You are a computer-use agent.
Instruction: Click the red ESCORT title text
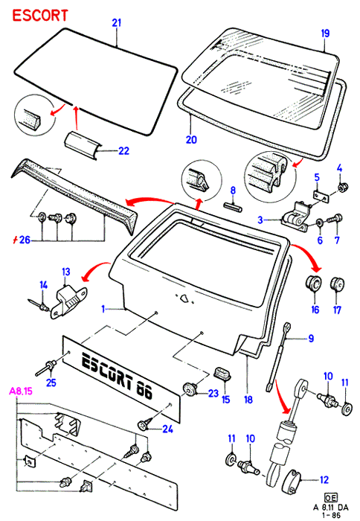(x=40, y=16)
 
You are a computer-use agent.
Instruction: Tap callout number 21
(x=117, y=23)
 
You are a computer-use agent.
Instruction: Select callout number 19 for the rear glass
(x=325, y=33)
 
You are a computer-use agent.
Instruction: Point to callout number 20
(x=191, y=140)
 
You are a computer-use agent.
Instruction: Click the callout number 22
(x=124, y=151)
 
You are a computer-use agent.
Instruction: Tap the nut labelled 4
(x=341, y=188)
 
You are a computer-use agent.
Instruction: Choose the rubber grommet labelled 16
(x=313, y=284)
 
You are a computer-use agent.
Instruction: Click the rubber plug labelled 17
(x=337, y=284)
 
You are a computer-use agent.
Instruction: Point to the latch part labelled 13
(x=68, y=301)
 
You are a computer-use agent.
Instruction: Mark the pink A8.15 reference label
(x=21, y=391)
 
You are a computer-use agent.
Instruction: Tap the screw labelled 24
(x=145, y=424)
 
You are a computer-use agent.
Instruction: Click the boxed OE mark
(x=331, y=497)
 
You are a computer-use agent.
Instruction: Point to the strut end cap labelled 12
(x=292, y=481)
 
